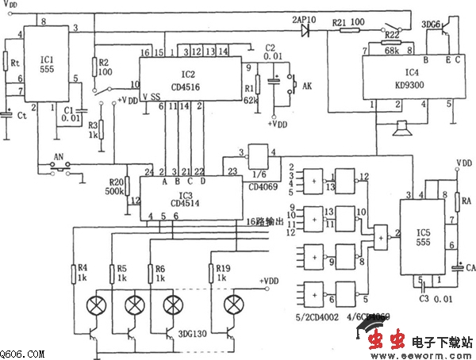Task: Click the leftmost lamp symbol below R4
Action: pyautogui.click(x=98, y=305)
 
